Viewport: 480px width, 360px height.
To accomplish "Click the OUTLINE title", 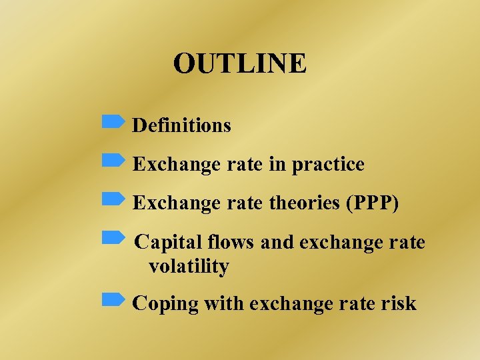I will [240, 64].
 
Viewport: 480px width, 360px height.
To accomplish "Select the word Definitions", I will [182, 125].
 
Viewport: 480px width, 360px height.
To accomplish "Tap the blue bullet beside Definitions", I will [113, 121].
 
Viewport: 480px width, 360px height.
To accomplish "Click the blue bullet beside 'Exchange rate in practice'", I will [113, 160].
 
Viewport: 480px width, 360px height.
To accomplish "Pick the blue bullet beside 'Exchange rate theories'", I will [113, 199].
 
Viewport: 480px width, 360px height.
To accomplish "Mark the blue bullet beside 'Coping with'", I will [113, 300].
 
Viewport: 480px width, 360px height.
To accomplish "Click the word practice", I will [328, 165].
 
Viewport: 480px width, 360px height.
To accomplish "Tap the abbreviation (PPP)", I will [372, 203].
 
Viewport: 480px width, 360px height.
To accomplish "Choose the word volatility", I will [189, 267].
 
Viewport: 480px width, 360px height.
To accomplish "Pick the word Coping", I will [166, 305].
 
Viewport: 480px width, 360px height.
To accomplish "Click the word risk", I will [400, 304].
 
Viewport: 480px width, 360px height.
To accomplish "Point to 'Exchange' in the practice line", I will [175, 165].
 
